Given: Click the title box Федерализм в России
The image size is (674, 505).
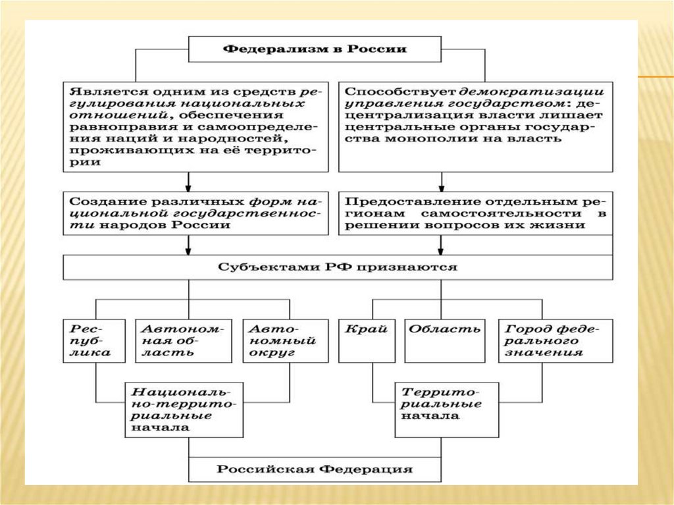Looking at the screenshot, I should click(x=315, y=49).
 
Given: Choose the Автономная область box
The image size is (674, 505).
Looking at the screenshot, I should click(x=184, y=340).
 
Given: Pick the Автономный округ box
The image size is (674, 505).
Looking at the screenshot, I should click(x=285, y=340).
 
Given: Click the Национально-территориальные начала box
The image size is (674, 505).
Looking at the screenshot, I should click(x=184, y=409).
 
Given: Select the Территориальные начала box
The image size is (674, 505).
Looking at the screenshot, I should click(x=446, y=409).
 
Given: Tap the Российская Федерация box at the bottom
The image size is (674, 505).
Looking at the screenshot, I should click(x=315, y=470).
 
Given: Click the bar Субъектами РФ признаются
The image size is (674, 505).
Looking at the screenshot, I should click(x=337, y=267).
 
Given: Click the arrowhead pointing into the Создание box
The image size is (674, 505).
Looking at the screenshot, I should click(x=189, y=187).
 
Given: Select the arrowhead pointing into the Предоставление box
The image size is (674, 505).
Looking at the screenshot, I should click(x=440, y=187).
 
